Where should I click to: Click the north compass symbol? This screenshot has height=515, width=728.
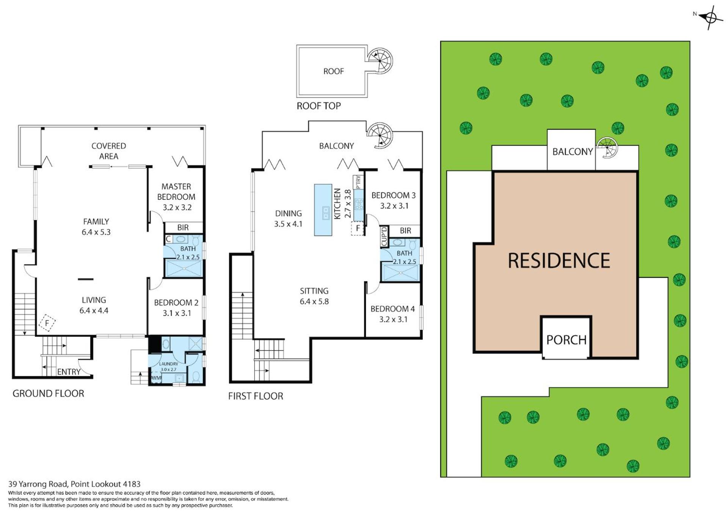pos(710,17)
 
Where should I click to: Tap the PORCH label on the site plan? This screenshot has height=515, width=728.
pos(566,340)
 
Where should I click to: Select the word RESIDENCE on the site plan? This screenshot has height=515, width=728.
pos(559,260)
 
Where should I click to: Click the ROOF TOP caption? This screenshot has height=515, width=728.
pos(318,106)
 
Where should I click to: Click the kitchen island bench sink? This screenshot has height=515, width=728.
pos(325,213)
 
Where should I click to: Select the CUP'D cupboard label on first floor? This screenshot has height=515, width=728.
pos(384,236)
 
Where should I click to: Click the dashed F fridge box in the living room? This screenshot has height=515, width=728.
pos(47,323)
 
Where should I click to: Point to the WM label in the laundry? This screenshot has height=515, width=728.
pos(156,378)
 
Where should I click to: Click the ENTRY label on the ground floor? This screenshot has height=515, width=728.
pos(69,372)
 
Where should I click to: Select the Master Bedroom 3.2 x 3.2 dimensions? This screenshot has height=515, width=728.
pos(177,208)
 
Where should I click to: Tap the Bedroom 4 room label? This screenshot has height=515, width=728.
pos(393,309)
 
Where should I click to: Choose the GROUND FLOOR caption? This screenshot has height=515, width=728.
pos(48,394)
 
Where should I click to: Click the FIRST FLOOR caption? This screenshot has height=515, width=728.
pos(256,396)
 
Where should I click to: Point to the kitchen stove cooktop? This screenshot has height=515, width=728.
pos(358,205)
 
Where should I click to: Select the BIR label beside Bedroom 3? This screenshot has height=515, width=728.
pos(405,230)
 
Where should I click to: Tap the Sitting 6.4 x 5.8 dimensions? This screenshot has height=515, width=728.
pos(314,302)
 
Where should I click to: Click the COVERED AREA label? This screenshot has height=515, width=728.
pos(109,151)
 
